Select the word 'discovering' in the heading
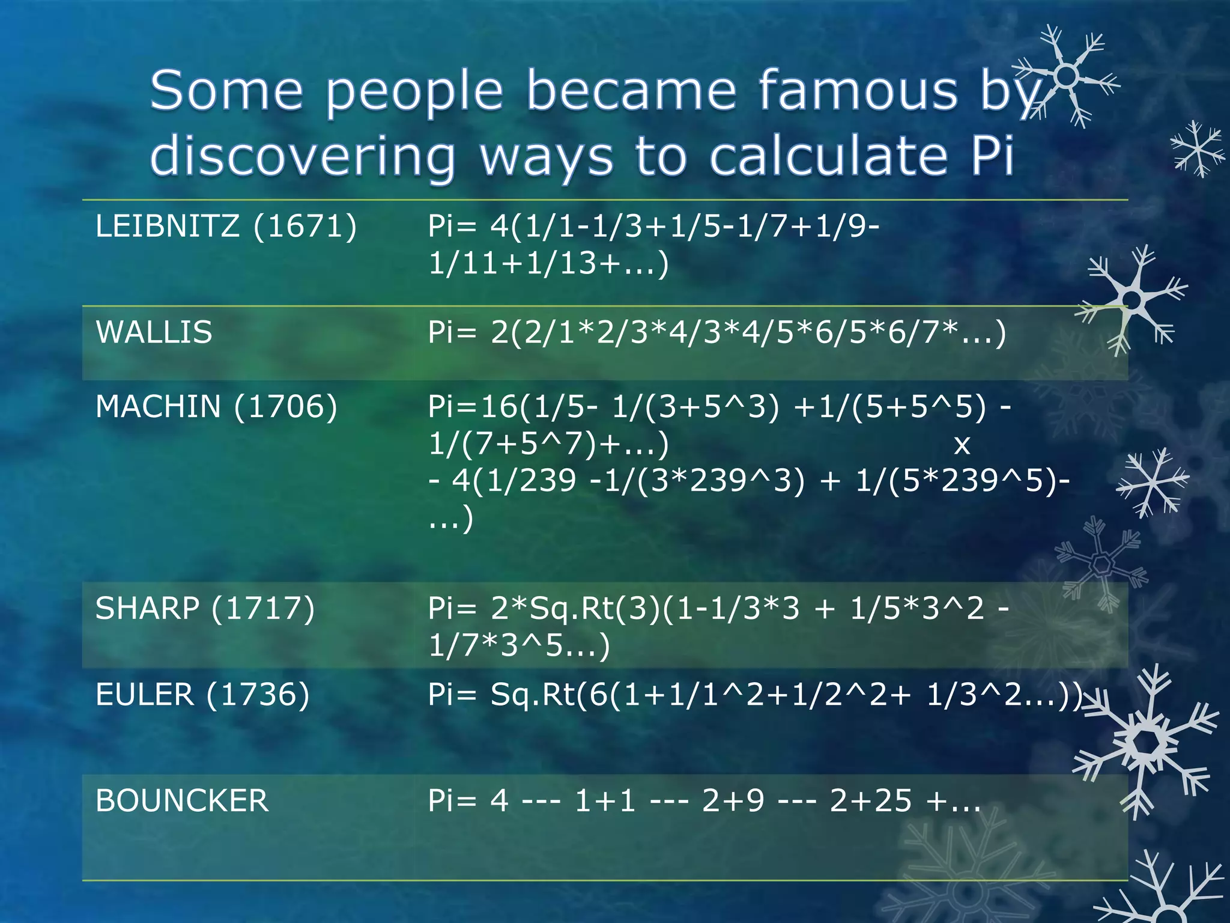(x=302, y=155)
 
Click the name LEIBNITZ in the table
(x=168, y=227)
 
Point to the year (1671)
(x=305, y=227)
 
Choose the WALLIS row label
(x=154, y=332)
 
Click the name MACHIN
(x=158, y=407)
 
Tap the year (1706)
(x=286, y=407)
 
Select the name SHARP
(x=147, y=608)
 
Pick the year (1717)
(x=263, y=608)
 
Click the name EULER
(x=145, y=695)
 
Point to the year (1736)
(x=258, y=695)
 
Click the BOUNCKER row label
(x=182, y=800)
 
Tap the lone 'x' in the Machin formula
(x=962, y=445)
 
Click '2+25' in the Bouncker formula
(x=871, y=800)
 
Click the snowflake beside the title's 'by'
(x=1066, y=76)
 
